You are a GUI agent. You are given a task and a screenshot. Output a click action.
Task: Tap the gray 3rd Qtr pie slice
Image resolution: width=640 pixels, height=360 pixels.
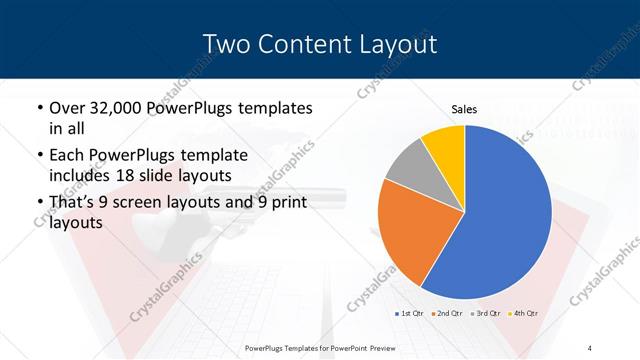tap(408, 166)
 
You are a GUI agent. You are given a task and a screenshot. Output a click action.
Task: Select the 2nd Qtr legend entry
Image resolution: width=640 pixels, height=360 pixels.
tap(445, 314)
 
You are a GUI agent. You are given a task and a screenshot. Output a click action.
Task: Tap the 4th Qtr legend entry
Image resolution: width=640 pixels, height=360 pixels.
tap(523, 314)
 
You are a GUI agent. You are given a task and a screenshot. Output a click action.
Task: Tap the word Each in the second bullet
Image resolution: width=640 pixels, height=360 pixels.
tap(68, 155)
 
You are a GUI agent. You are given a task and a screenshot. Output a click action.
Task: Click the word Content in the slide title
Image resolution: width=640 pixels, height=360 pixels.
tap(302, 44)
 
